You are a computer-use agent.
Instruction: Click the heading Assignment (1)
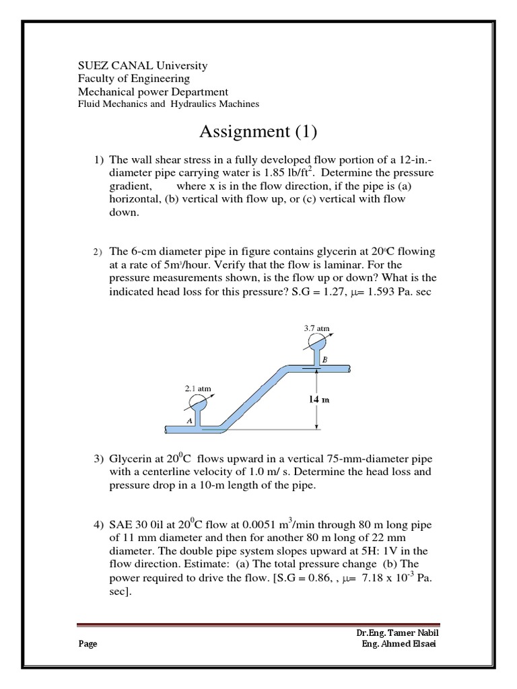[x=258, y=131]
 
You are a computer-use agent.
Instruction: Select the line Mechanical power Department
[x=153, y=92]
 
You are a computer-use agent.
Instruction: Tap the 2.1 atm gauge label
[x=198, y=388]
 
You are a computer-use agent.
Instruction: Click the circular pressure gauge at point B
[x=314, y=342]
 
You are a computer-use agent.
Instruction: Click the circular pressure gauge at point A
[x=198, y=402]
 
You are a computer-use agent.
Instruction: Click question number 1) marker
[x=98, y=160]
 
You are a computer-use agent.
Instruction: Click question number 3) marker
[x=98, y=459]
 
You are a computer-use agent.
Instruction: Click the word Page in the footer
[x=88, y=644]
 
